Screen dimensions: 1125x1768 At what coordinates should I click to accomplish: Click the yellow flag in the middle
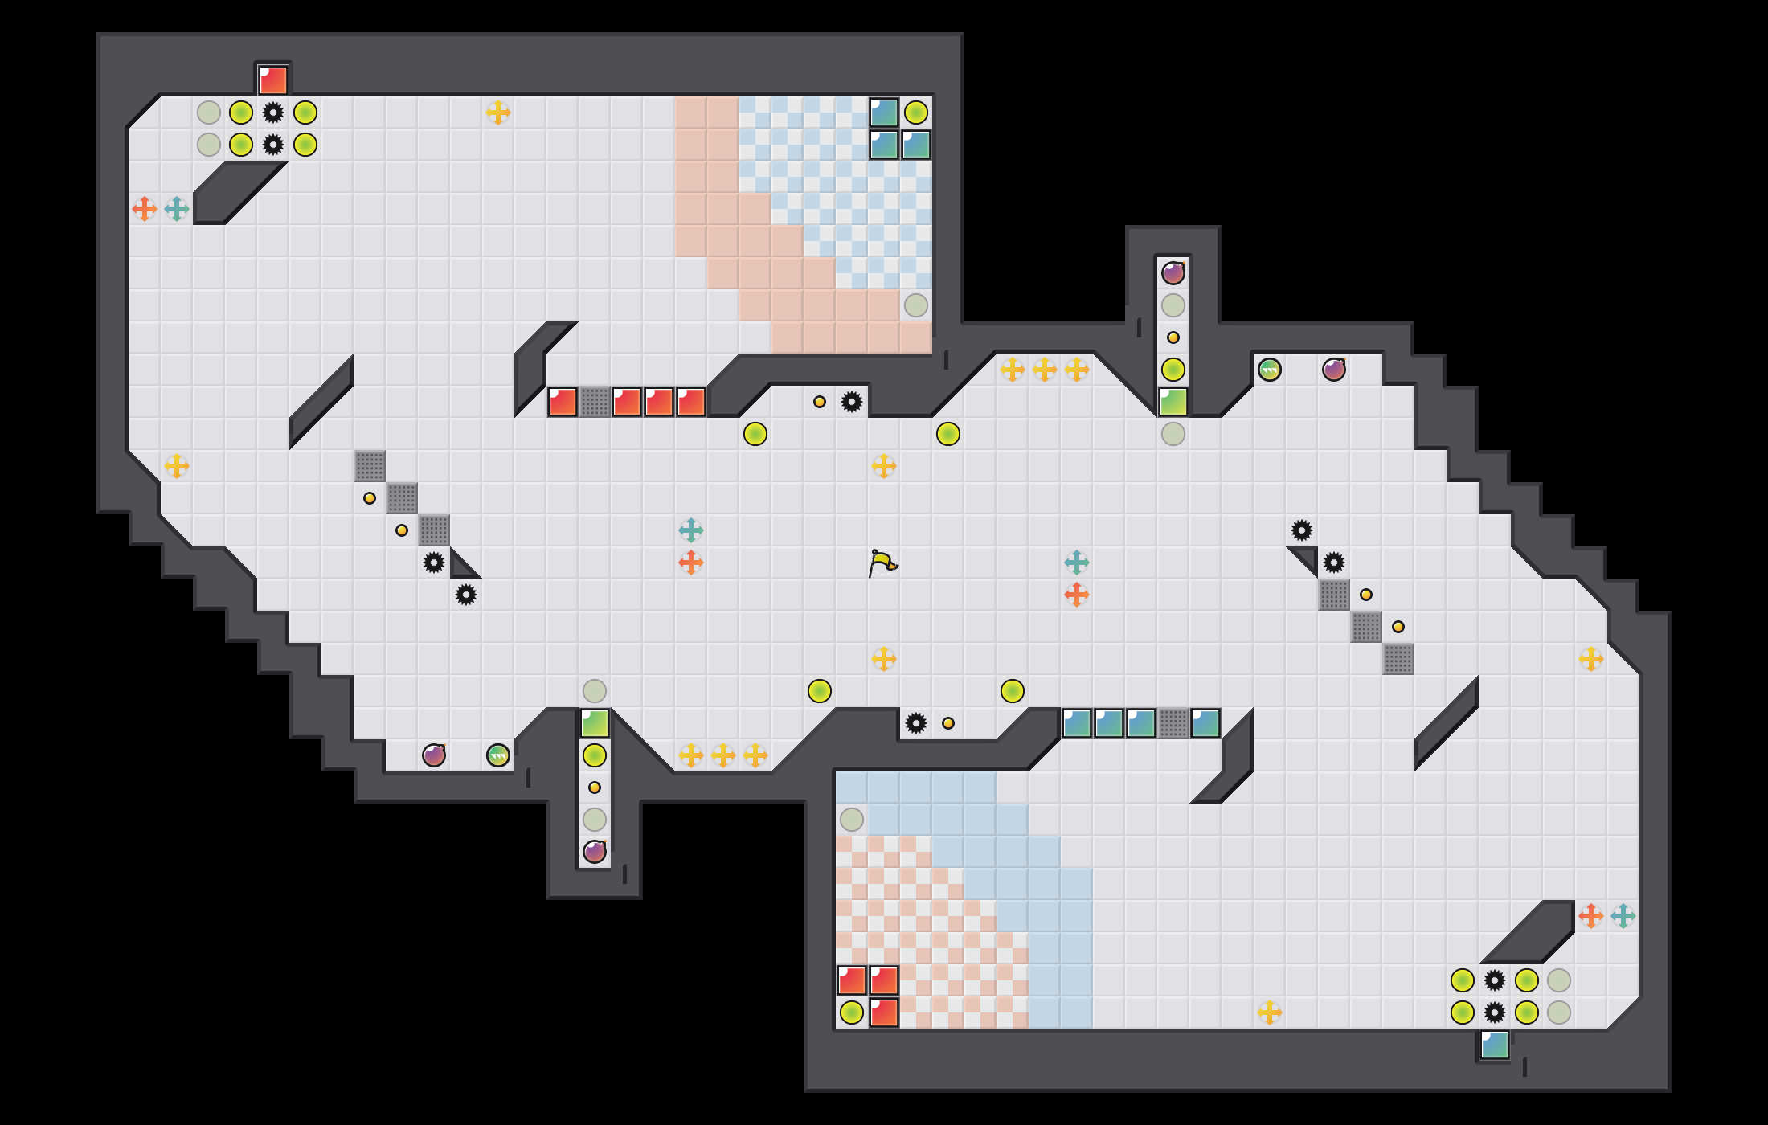click(x=882, y=562)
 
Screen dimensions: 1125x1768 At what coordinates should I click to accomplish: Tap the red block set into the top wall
click(x=273, y=80)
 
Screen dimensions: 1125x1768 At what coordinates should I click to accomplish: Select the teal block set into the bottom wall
click(x=1495, y=1045)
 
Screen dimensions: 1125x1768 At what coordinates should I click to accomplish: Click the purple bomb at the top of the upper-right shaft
click(x=1173, y=273)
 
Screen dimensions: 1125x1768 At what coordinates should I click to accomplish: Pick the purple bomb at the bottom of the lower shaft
click(x=595, y=851)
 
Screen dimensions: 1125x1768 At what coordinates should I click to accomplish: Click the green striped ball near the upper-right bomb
click(x=1270, y=370)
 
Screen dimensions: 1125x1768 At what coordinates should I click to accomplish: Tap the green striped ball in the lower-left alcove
click(x=498, y=755)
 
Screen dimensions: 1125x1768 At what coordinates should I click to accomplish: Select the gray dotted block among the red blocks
click(x=595, y=402)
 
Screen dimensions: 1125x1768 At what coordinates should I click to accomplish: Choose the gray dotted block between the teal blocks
click(x=1173, y=723)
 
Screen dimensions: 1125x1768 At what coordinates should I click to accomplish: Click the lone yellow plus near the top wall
click(x=498, y=112)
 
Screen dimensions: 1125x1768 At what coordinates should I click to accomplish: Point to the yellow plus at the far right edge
click(x=1591, y=659)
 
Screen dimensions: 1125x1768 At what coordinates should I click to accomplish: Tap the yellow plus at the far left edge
click(x=177, y=466)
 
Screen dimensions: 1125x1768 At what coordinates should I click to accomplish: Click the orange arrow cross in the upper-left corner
click(x=145, y=209)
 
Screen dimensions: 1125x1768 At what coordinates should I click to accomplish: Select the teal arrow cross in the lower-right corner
click(x=1623, y=916)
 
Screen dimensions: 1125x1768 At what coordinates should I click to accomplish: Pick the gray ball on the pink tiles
click(x=916, y=305)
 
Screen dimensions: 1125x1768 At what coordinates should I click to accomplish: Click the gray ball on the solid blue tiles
click(x=852, y=820)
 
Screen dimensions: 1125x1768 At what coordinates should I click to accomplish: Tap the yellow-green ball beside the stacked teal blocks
click(x=916, y=112)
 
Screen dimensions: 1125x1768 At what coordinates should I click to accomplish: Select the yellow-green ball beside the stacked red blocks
click(x=852, y=1012)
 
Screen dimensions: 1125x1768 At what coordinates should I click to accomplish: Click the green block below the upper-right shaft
click(x=1173, y=402)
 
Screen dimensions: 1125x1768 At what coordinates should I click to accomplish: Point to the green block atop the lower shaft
click(x=595, y=723)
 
